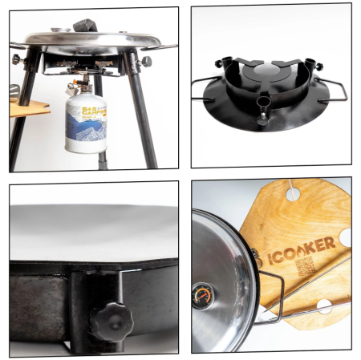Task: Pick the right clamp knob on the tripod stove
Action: tap(146, 61)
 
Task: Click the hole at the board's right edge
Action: tap(344, 237)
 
